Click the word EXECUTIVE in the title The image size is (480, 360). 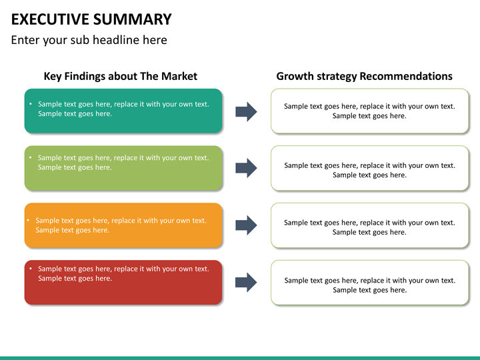click(50, 19)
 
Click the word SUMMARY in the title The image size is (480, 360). click(133, 19)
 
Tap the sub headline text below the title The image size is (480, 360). click(89, 40)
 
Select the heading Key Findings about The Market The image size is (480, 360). click(120, 76)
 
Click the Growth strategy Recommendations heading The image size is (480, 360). click(364, 76)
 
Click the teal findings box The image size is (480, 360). click(123, 111)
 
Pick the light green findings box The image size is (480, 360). click(123, 168)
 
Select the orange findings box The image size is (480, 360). click(123, 225)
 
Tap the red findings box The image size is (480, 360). click(123, 282)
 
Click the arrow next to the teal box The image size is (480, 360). click(246, 112)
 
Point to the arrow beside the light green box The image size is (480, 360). click(246, 168)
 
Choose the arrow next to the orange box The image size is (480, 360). click(246, 225)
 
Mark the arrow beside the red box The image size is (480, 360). click(246, 282)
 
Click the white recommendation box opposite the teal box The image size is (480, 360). click(370, 111)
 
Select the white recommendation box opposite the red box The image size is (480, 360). click(370, 282)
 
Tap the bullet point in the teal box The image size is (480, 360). click(31, 104)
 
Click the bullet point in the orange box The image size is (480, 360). click(28, 220)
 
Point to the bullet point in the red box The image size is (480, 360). click(31, 269)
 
